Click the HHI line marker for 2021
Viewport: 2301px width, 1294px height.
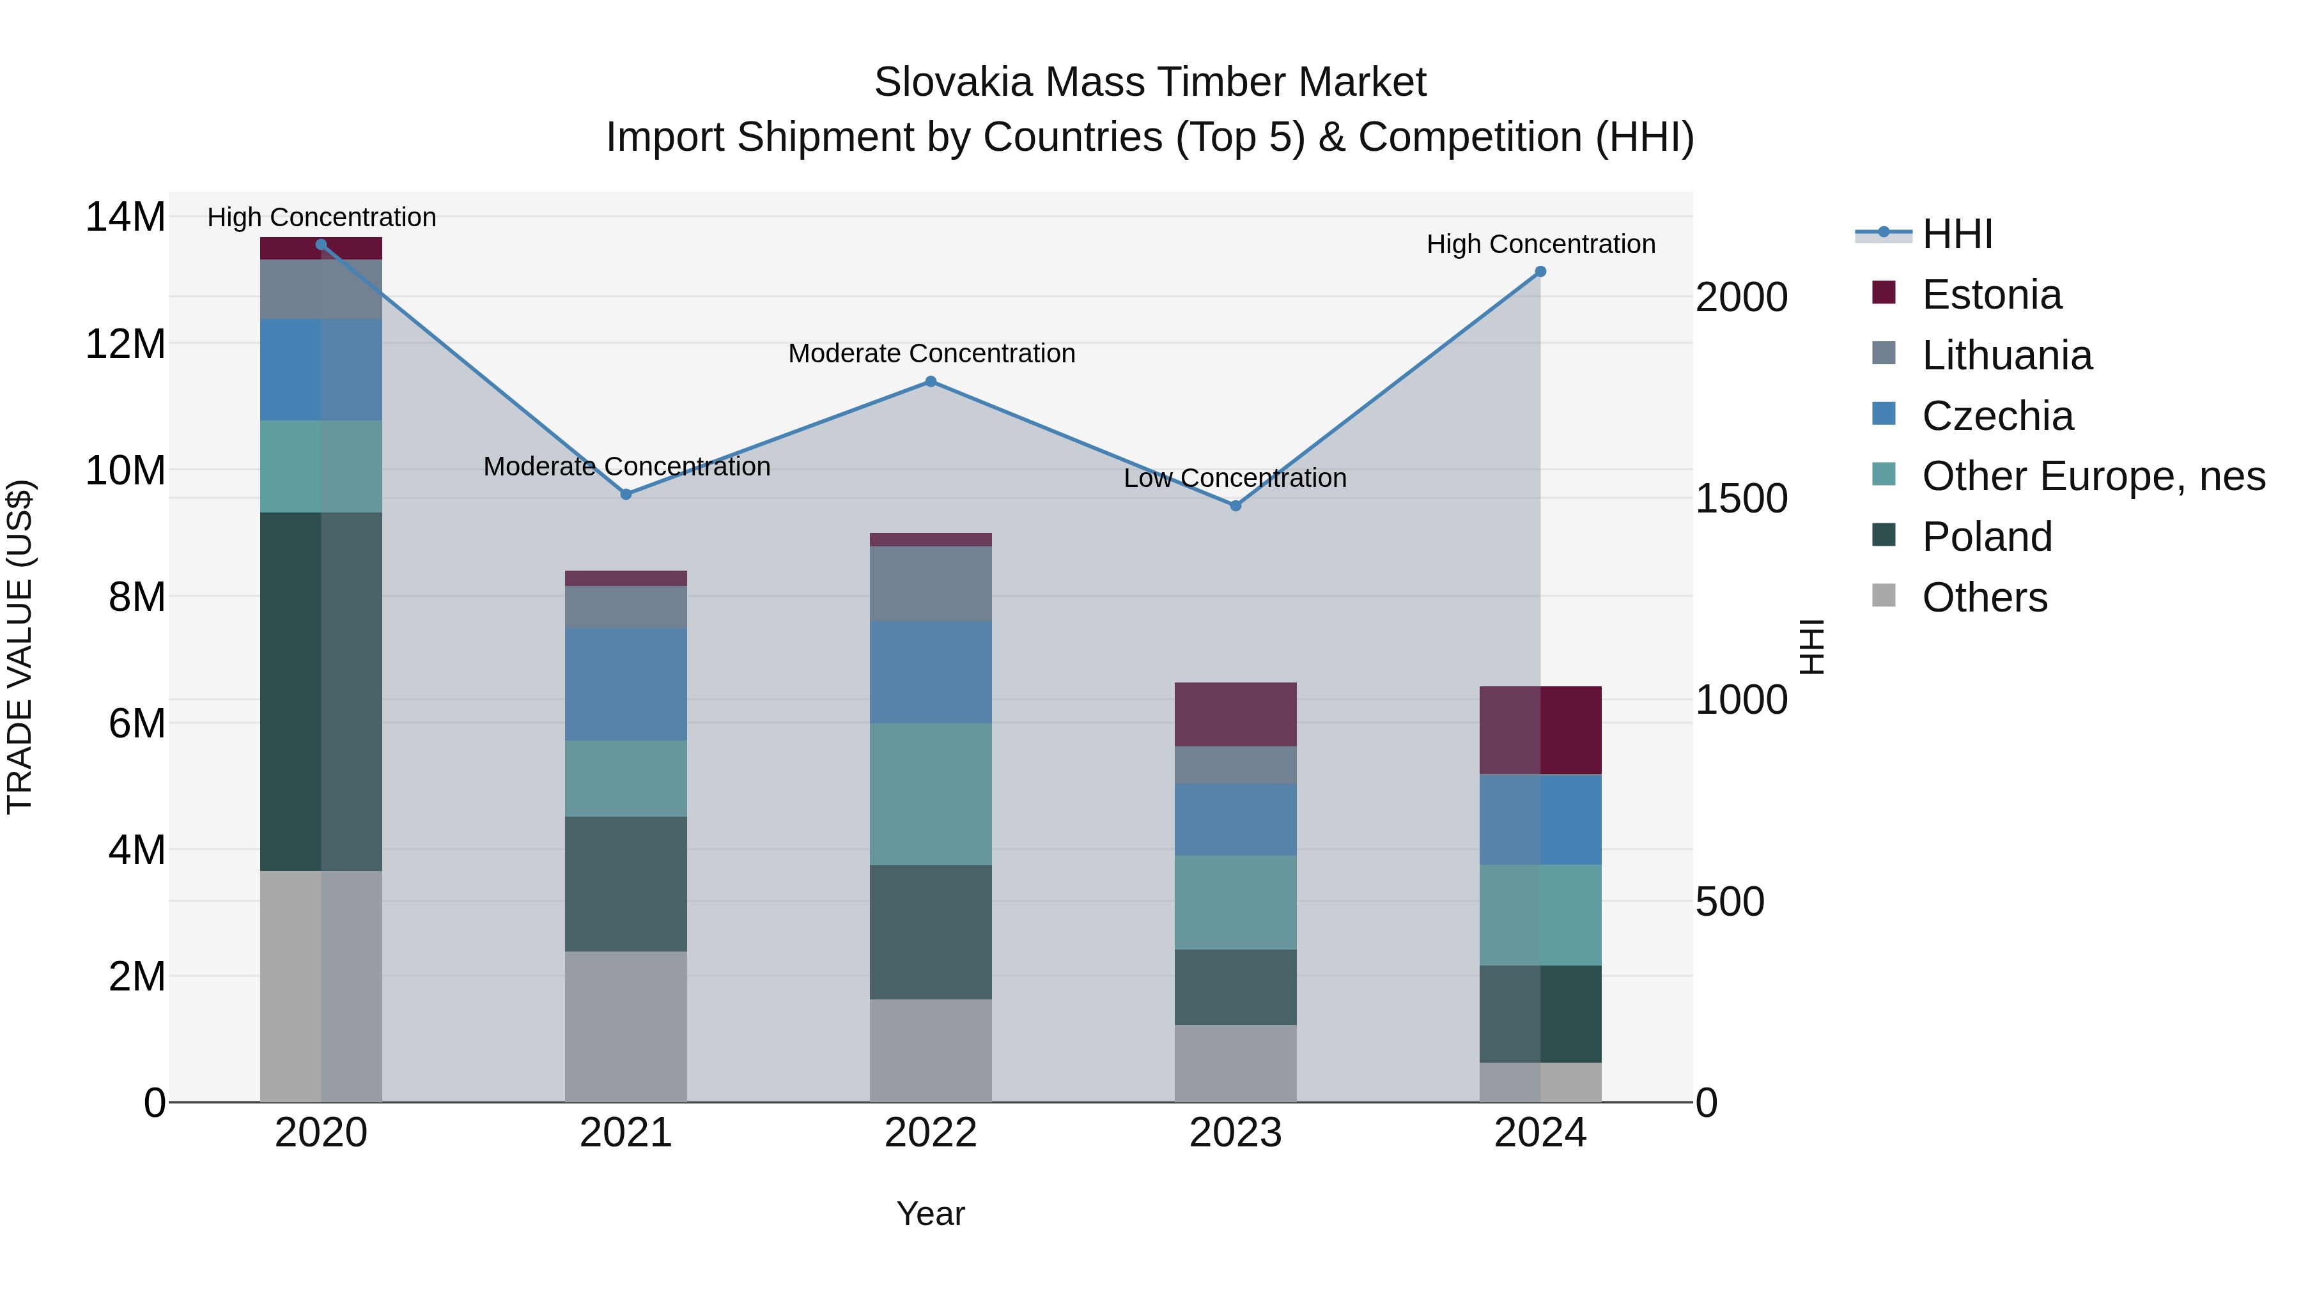pos(626,494)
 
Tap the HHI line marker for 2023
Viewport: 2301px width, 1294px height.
pos(1236,505)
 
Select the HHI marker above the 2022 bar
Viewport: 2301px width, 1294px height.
pos(931,381)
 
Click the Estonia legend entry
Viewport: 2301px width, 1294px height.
pos(1991,295)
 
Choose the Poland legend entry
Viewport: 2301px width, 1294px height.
pos(1987,537)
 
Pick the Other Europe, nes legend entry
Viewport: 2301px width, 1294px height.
pos(2093,476)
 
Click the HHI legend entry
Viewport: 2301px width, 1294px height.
pos(1956,234)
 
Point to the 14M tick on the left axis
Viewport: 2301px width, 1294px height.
pos(125,217)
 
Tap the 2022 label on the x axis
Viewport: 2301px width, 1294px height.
pos(931,1133)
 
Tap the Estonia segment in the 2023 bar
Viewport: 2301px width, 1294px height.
pos(1236,714)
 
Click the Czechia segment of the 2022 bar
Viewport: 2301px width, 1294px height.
pos(931,672)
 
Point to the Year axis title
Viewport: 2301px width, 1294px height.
pos(931,1213)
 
